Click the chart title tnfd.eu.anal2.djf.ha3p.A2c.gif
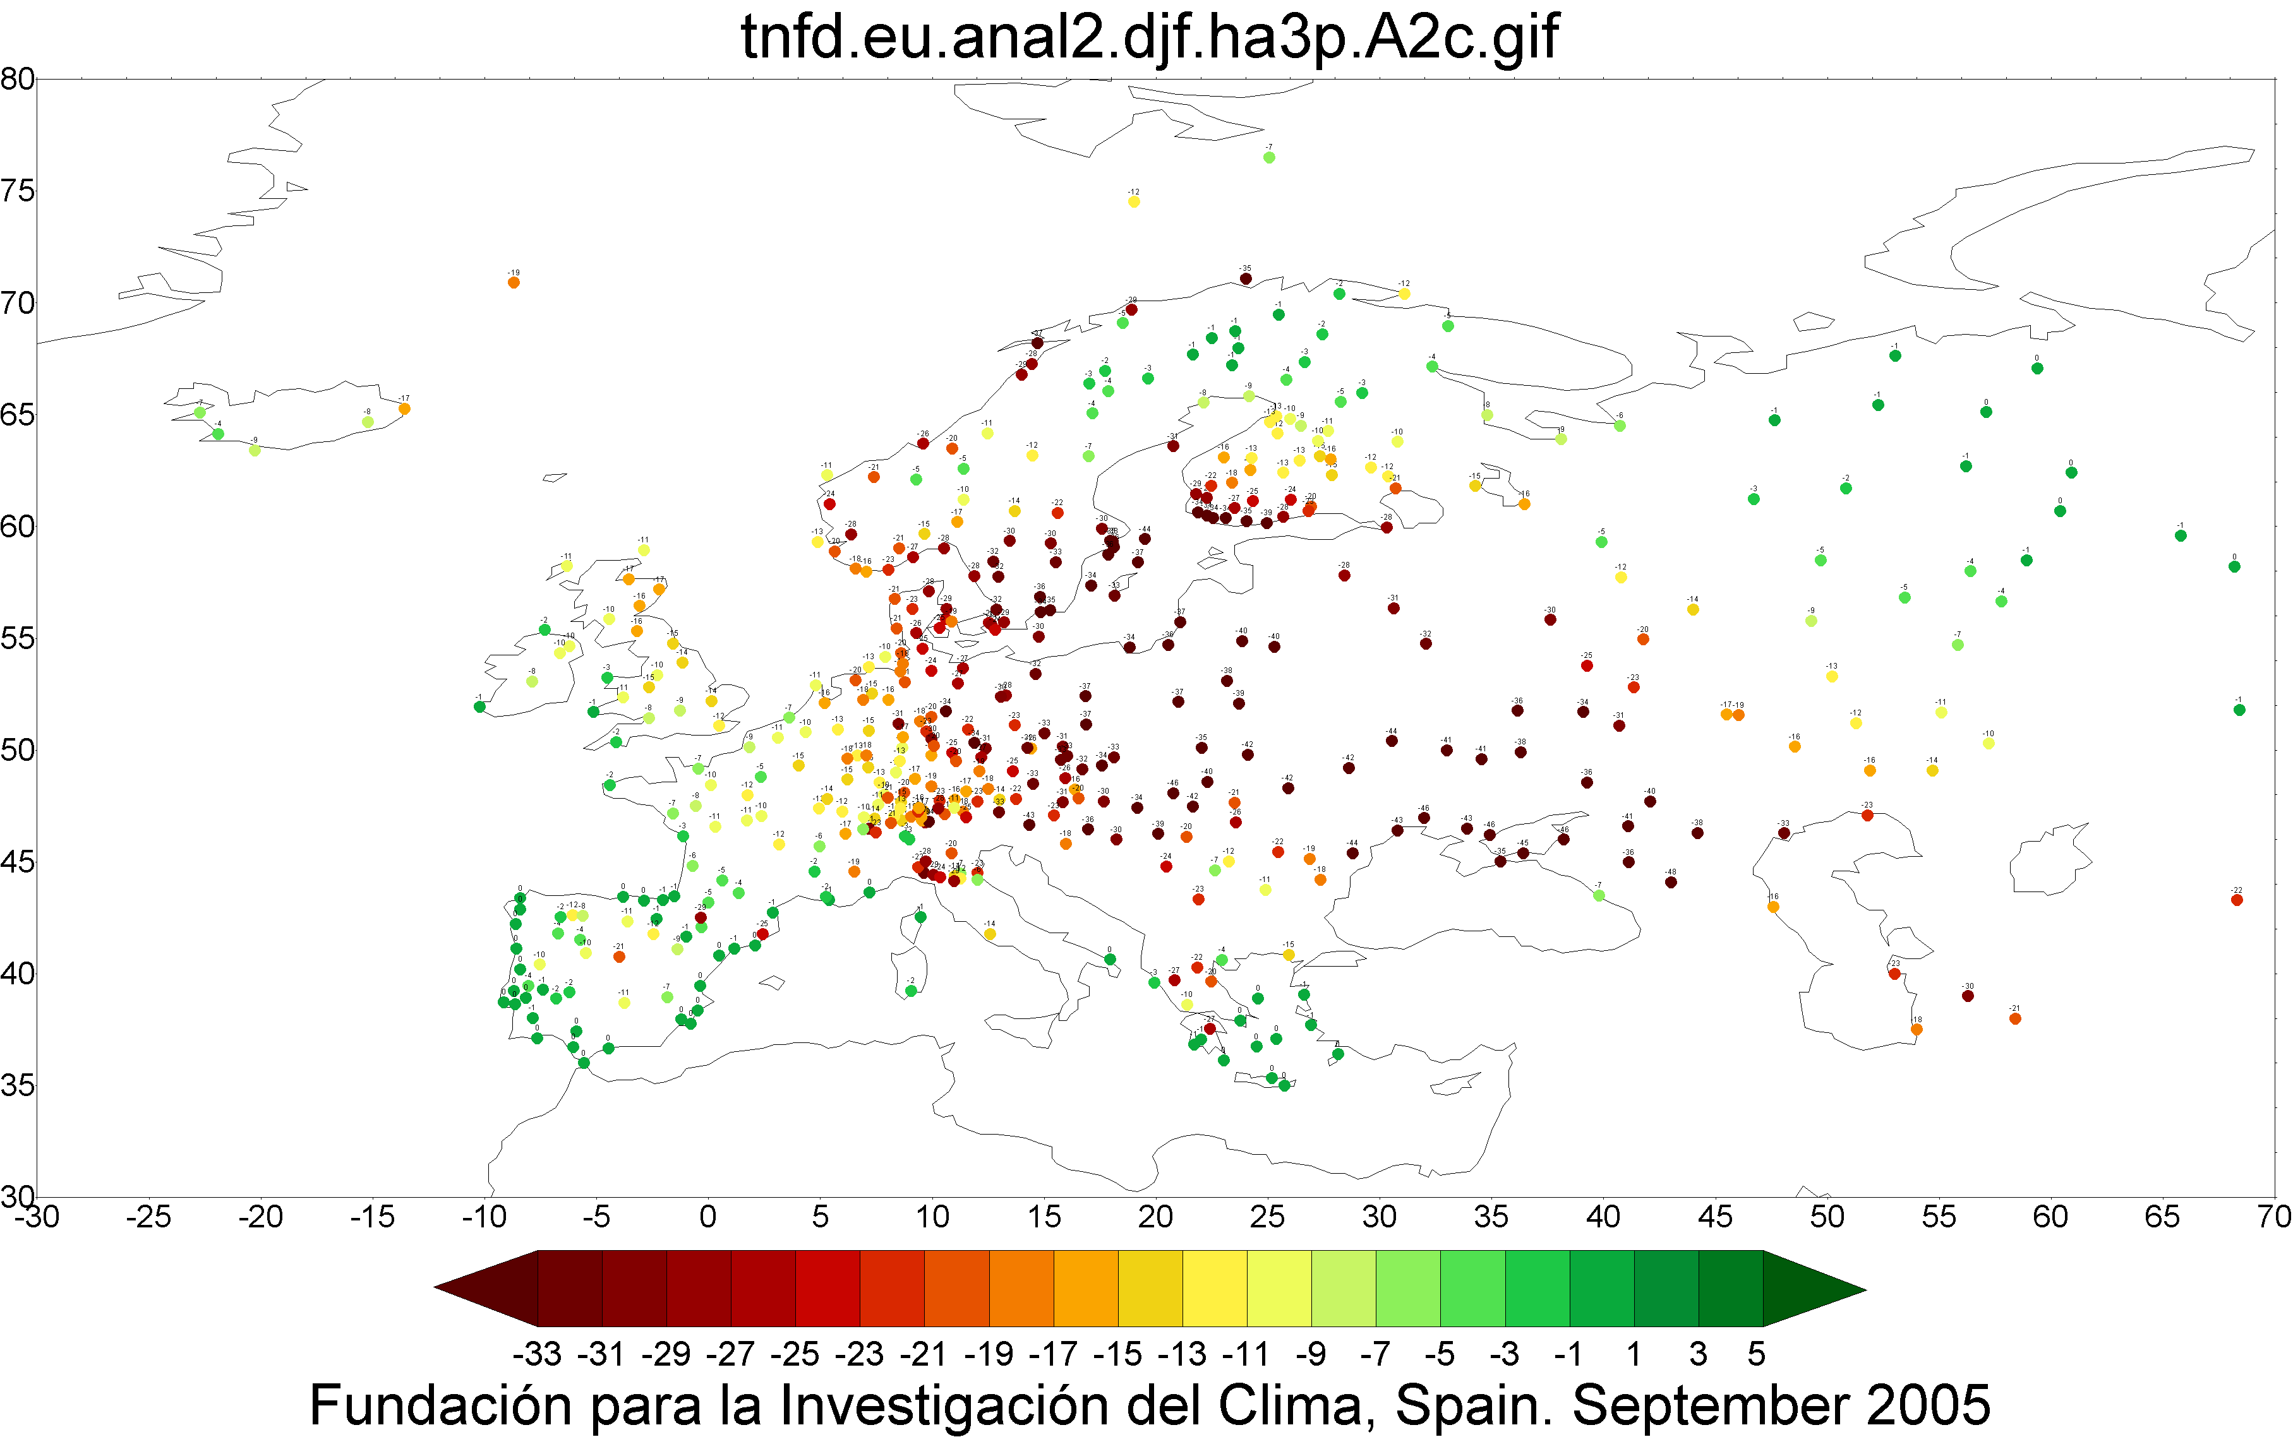click(x=1148, y=38)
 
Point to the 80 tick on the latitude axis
click(x=17, y=80)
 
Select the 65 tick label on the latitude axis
click(x=17, y=415)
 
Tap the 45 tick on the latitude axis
click(x=17, y=862)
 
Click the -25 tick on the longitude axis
click(x=148, y=1217)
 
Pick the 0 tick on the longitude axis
click(x=707, y=1217)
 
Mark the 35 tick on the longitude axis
click(x=1491, y=1217)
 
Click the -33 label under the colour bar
click(x=537, y=1354)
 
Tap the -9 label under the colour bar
click(x=1311, y=1354)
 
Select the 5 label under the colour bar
click(x=1756, y=1354)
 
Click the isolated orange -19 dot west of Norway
click(x=514, y=282)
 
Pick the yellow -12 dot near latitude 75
click(x=1133, y=201)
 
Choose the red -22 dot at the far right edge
click(x=2237, y=900)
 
